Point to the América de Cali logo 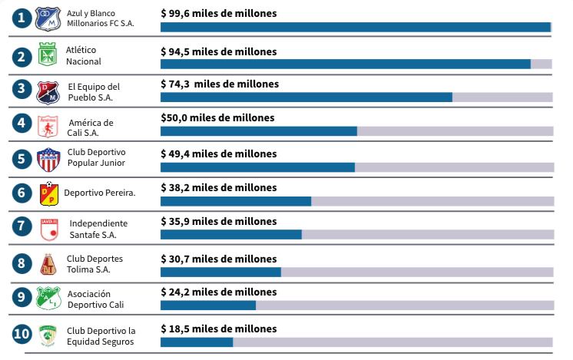pyautogui.click(x=48, y=126)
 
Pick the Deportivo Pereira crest pyautogui.click(x=48, y=194)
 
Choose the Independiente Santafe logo pyautogui.click(x=48, y=229)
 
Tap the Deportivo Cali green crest pyautogui.click(x=48, y=299)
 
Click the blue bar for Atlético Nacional pyautogui.click(x=345, y=64)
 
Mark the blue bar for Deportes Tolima pyautogui.click(x=220, y=272)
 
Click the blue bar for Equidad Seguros pyautogui.click(x=197, y=342)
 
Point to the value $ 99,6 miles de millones pyautogui.click(x=219, y=13)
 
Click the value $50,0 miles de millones pyautogui.click(x=217, y=118)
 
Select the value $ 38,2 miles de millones pyautogui.click(x=219, y=187)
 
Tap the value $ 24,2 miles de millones pyautogui.click(x=219, y=292)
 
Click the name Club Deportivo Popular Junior pyautogui.click(x=96, y=157)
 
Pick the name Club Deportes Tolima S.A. pyautogui.click(x=94, y=263)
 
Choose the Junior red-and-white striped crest pyautogui.click(x=48, y=160)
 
